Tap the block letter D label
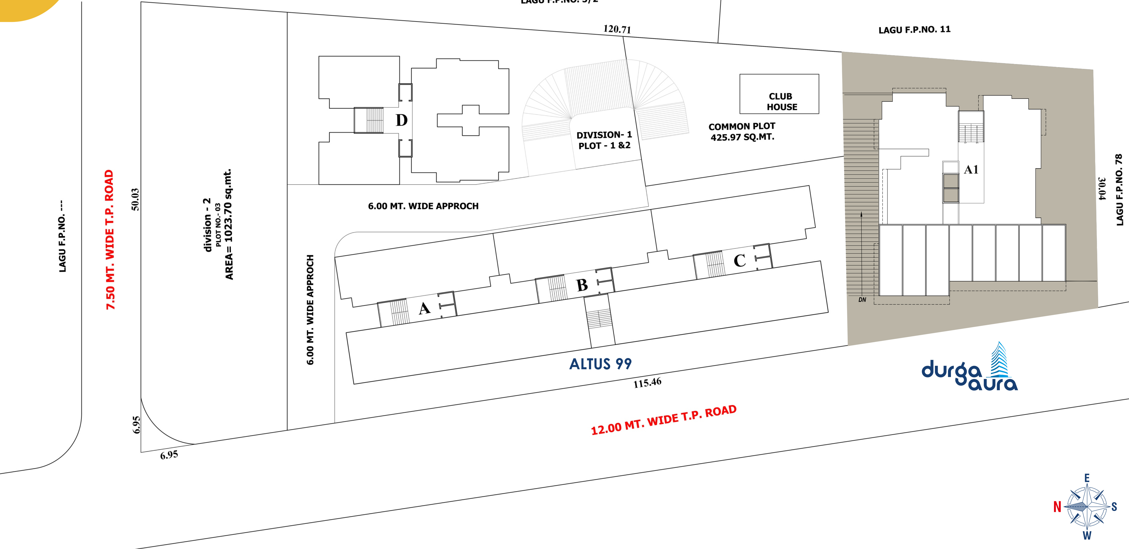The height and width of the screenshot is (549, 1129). [x=401, y=120]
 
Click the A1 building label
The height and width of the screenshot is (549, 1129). [x=971, y=170]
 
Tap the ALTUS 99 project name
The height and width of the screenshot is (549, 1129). [x=600, y=364]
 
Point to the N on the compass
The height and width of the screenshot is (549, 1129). [x=1057, y=507]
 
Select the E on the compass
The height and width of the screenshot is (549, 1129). [x=1087, y=478]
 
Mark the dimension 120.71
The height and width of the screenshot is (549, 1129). [x=617, y=29]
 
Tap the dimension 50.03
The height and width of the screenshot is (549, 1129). [x=135, y=199]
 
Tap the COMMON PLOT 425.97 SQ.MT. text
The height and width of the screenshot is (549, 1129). [x=742, y=131]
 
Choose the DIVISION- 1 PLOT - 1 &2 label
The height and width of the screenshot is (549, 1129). [x=604, y=140]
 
